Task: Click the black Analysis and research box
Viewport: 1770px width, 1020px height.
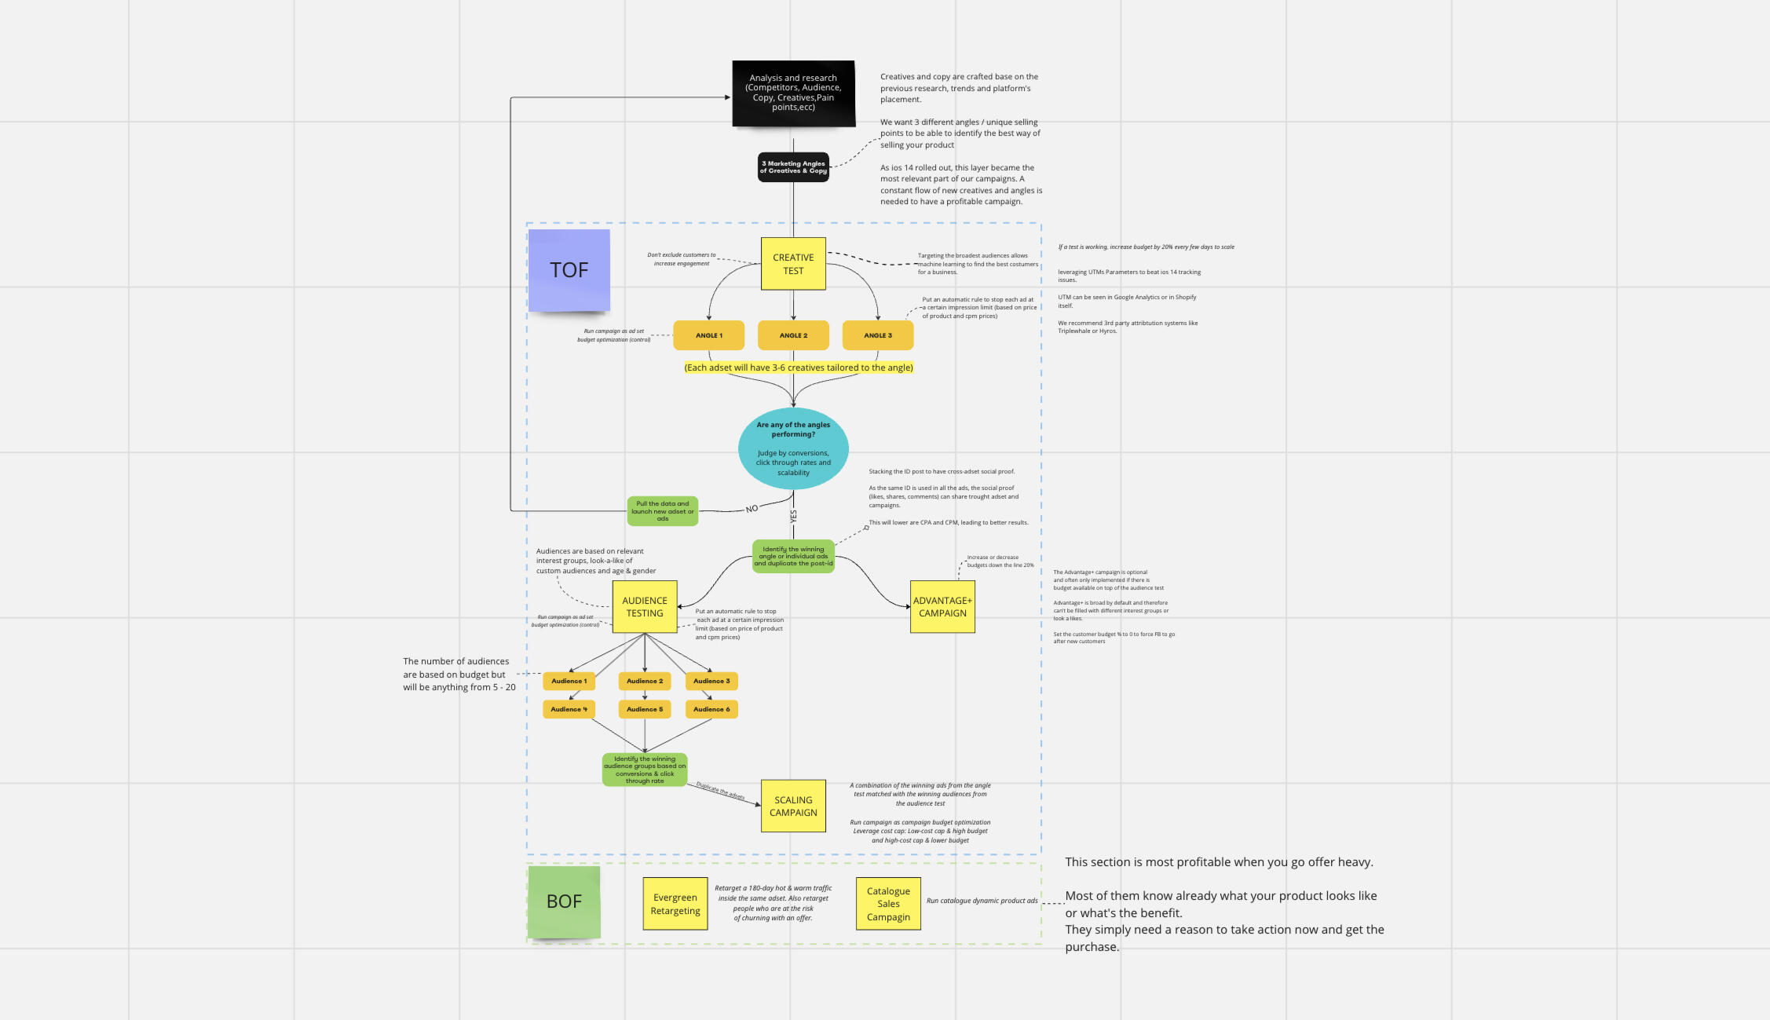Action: coord(793,93)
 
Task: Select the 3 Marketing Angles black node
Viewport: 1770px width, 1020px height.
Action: coord(793,167)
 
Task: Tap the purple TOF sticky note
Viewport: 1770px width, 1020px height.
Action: coord(569,270)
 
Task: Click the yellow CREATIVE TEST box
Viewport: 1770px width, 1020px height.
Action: coord(793,264)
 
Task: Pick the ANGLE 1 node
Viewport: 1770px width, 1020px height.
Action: coord(708,335)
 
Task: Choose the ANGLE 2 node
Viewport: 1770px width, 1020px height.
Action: coord(793,335)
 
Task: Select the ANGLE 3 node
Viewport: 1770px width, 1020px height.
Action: coord(877,335)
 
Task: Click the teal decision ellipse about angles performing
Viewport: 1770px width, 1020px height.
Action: coord(793,448)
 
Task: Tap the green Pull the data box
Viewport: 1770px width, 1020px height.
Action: coord(662,511)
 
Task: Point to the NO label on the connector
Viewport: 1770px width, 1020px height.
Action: coord(752,509)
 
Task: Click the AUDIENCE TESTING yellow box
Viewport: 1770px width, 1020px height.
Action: coord(645,607)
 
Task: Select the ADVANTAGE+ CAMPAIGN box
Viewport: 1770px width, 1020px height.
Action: coord(942,607)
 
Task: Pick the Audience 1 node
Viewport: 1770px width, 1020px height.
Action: coord(569,681)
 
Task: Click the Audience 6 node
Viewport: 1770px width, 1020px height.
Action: coord(711,709)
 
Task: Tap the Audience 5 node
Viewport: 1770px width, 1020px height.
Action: coord(645,709)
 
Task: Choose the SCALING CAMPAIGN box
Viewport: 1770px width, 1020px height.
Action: coord(793,806)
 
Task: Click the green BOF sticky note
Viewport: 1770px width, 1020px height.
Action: coord(564,901)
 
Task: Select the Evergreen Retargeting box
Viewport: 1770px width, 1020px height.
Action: coord(675,904)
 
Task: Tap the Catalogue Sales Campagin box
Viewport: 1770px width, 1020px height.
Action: coord(888,904)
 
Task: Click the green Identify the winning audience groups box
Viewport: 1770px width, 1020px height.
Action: coord(645,770)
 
